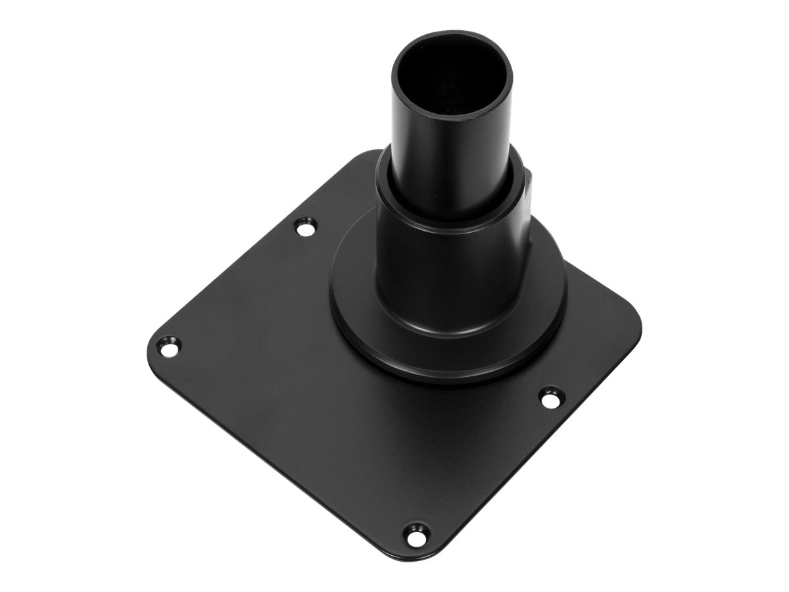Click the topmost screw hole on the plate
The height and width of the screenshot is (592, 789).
304,228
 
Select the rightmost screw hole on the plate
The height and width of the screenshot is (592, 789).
550,397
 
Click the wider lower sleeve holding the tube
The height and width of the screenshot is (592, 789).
454,263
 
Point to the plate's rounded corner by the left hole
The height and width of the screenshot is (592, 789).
150,349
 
